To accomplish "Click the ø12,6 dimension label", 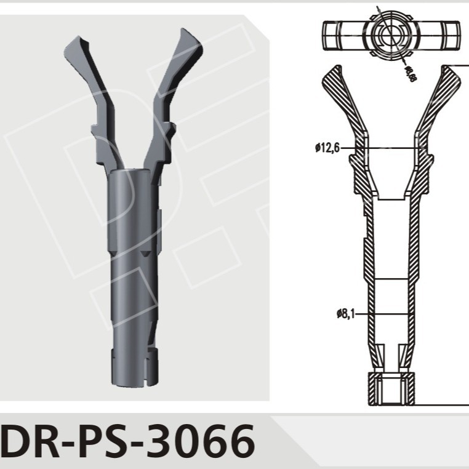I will click(326, 148).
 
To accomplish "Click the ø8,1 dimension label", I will click(346, 314).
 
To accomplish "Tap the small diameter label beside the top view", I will click(409, 72).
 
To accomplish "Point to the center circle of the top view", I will click(390, 35).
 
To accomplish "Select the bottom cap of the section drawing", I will click(390, 389).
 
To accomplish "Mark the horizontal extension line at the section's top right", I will click(459, 65).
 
